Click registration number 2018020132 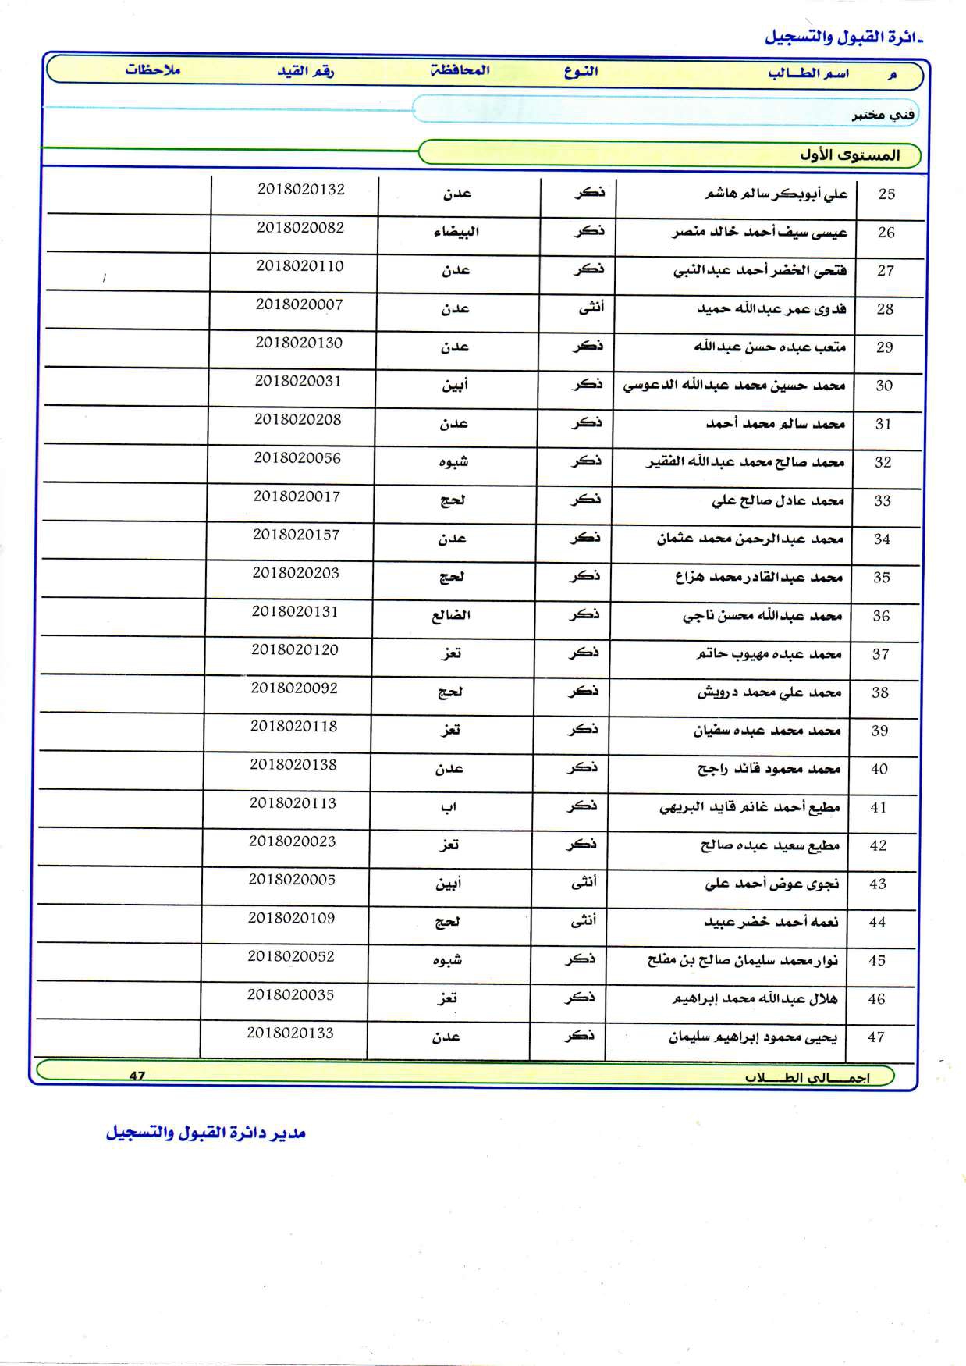[300, 190]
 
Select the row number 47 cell [875, 1037]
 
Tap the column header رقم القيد [305, 71]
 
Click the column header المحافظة [460, 70]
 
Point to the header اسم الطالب [808, 73]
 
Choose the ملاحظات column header [152, 69]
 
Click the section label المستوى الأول [849, 155]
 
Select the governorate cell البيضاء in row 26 [456, 232]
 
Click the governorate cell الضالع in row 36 [451, 615]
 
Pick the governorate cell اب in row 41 [448, 808]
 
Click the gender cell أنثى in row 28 [591, 308]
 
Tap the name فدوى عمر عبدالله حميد [771, 309]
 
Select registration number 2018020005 [292, 880]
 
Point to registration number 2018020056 [297, 458]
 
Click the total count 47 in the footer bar [137, 1076]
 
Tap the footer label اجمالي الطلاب [806, 1077]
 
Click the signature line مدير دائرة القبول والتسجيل [205, 1133]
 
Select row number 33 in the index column [882, 501]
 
